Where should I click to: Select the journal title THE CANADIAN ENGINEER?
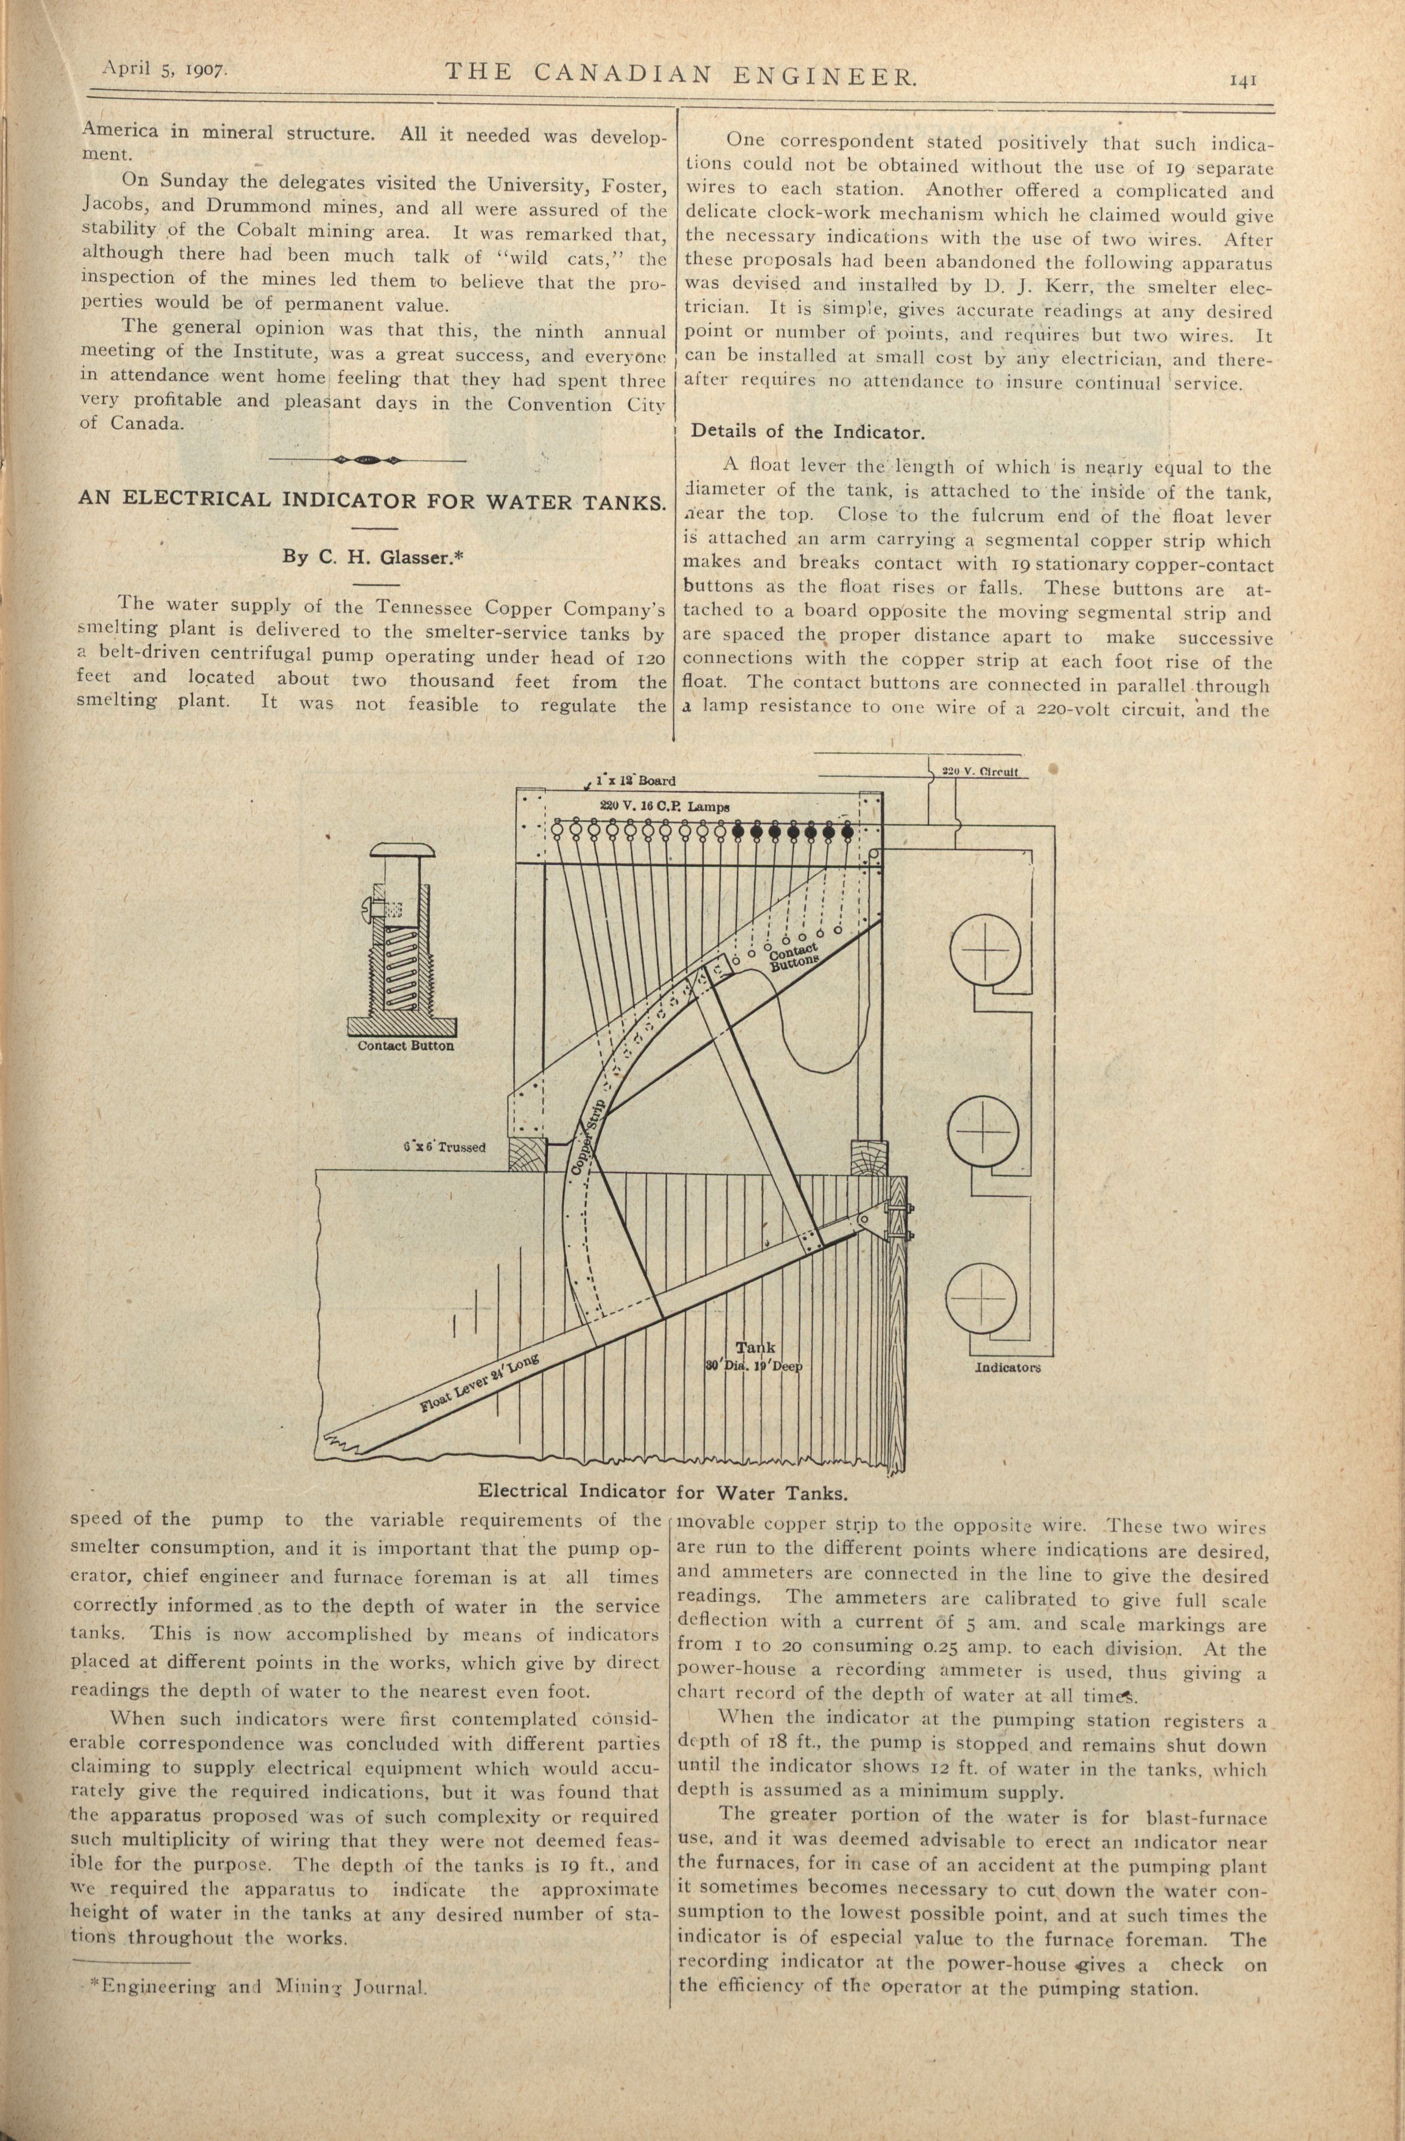pyautogui.click(x=681, y=76)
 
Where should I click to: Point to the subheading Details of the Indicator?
pyautogui.click(x=807, y=432)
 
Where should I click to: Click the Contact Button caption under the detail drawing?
pyautogui.click(x=405, y=1046)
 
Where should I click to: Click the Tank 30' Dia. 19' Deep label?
pyautogui.click(x=754, y=1357)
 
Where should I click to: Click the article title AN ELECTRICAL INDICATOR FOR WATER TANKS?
pyautogui.click(x=372, y=500)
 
